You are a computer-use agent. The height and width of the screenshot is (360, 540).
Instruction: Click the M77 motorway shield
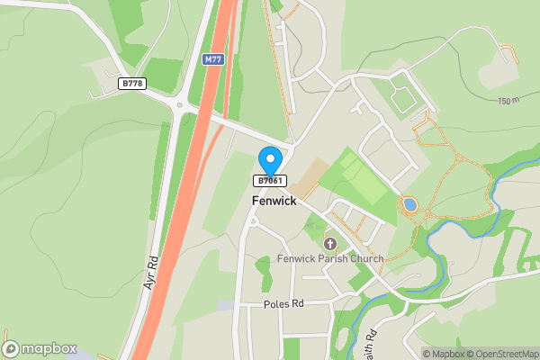click(212, 59)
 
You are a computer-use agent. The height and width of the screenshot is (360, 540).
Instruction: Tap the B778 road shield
click(131, 84)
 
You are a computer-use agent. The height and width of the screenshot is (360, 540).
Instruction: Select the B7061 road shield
click(271, 181)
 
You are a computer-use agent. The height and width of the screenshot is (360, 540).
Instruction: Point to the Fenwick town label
click(274, 202)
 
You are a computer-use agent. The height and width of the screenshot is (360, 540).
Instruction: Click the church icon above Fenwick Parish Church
click(329, 244)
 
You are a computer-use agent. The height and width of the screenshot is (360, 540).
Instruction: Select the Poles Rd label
click(283, 304)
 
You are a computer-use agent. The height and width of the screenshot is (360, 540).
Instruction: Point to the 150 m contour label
click(508, 101)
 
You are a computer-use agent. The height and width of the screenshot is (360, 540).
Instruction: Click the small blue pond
click(410, 204)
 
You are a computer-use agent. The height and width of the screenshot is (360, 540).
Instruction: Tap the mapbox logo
click(40, 348)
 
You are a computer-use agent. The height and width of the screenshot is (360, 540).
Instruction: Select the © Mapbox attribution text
click(442, 354)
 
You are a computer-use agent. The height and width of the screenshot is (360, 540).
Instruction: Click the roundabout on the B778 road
click(179, 106)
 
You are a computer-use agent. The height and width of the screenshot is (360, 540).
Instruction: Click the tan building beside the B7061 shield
click(306, 176)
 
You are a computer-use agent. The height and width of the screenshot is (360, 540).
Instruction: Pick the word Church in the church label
click(366, 259)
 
